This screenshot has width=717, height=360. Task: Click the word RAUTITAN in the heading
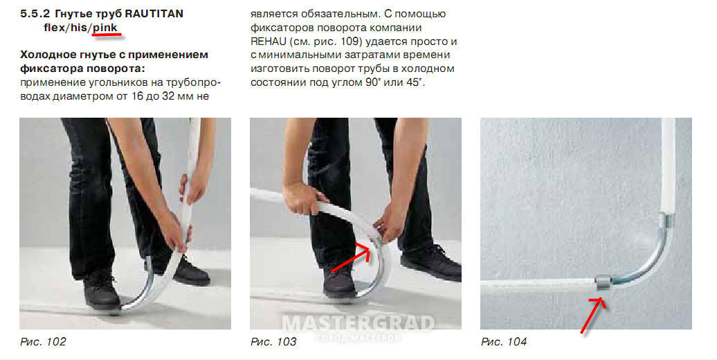click(154, 14)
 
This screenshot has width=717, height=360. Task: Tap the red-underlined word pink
click(105, 28)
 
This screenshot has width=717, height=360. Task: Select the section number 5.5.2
click(35, 14)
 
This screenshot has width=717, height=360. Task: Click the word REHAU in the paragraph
click(269, 42)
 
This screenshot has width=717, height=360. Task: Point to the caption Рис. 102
click(43, 342)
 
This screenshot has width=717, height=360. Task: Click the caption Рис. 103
click(273, 342)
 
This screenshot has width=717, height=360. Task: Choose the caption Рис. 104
click(504, 342)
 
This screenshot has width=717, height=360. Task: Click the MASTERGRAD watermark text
click(358, 323)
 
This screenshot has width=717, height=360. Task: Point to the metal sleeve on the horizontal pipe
click(603, 284)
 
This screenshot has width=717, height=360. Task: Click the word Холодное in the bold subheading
click(48, 55)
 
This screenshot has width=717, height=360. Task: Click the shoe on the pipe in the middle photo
click(339, 282)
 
